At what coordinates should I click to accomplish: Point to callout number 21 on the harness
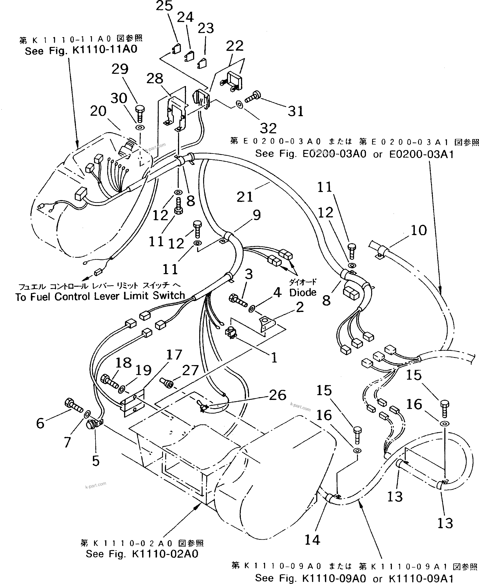pos(245,197)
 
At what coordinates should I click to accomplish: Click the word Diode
pos(303,292)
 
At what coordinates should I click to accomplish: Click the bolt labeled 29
pos(140,113)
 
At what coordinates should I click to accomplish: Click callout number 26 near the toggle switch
pos(278,395)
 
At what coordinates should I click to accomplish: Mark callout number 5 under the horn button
pos(96,461)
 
